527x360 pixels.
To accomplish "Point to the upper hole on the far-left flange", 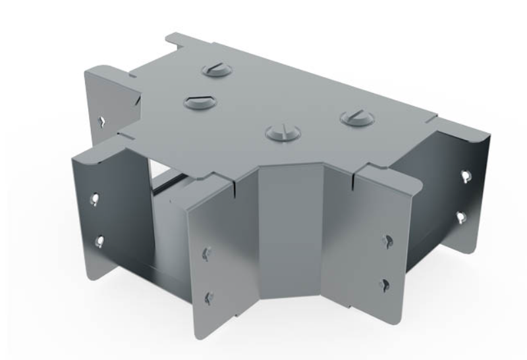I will pyautogui.click(x=96, y=197).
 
